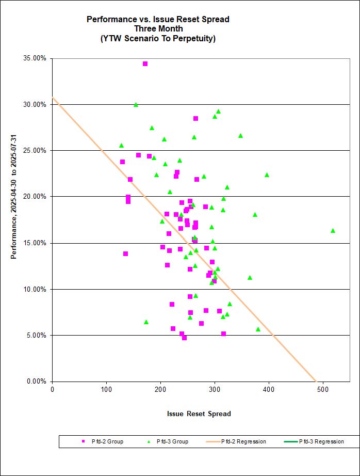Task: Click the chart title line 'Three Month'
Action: tap(158, 28)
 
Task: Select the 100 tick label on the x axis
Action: tap(107, 390)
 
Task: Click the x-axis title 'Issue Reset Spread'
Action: tap(199, 414)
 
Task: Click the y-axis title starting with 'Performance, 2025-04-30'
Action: tap(14, 220)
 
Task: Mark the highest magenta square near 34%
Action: tap(145, 64)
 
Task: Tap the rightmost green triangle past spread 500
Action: tap(333, 230)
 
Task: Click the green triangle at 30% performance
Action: tap(136, 104)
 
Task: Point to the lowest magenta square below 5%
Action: tap(184, 338)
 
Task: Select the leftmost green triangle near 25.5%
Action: tap(121, 145)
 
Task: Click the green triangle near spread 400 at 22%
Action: tap(267, 174)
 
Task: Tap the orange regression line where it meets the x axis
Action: tap(315, 381)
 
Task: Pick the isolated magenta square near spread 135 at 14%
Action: tap(125, 253)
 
